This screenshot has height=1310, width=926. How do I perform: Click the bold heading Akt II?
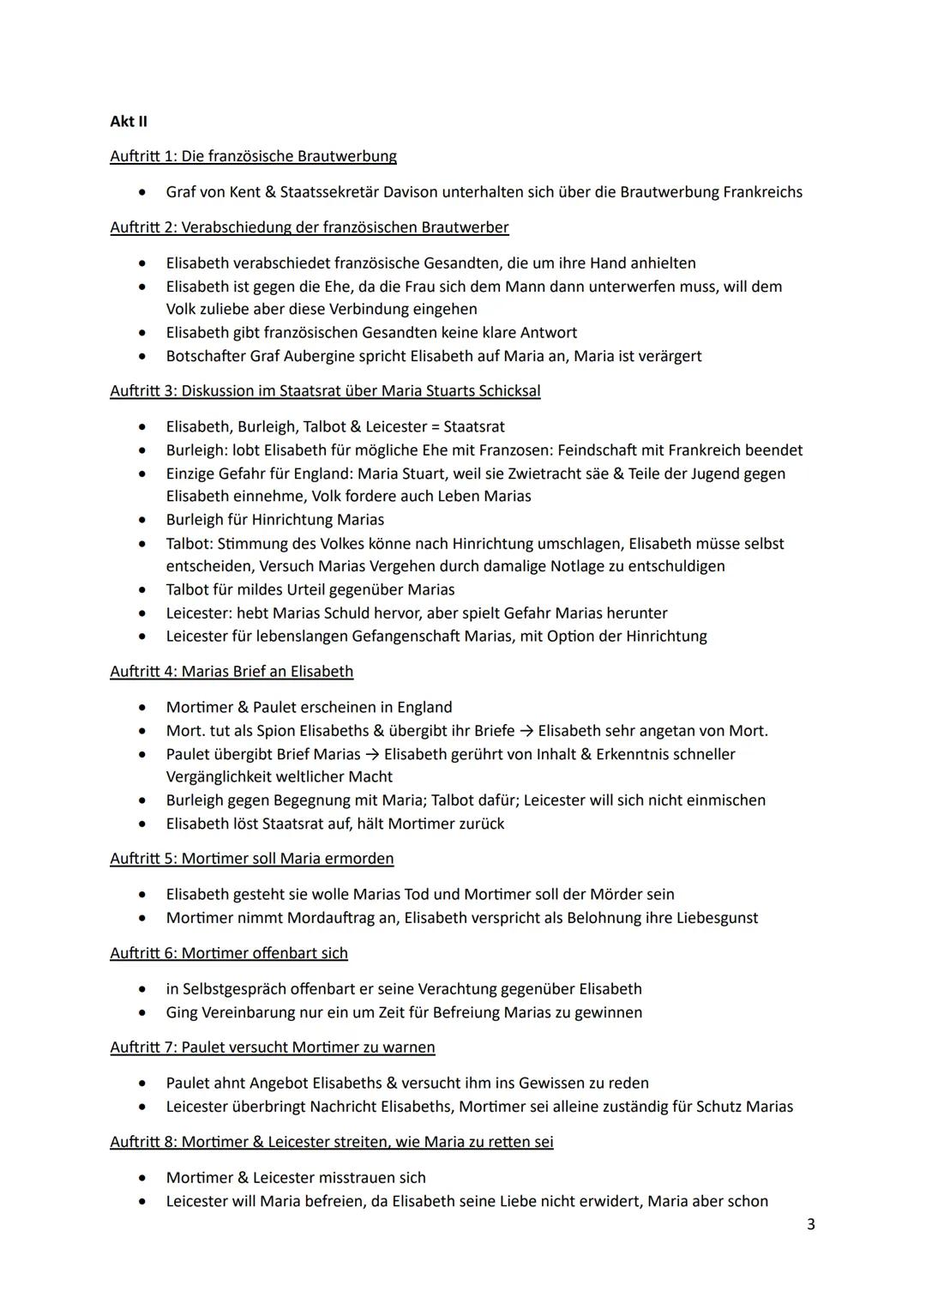tap(129, 121)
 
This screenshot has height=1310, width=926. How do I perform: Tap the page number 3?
tap(810, 1224)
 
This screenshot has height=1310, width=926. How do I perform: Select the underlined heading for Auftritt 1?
tap(253, 156)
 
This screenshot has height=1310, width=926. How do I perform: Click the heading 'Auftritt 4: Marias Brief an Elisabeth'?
tap(231, 672)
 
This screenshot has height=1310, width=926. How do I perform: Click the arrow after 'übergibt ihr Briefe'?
tap(526, 731)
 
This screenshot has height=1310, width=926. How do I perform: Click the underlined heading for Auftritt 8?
tap(331, 1143)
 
